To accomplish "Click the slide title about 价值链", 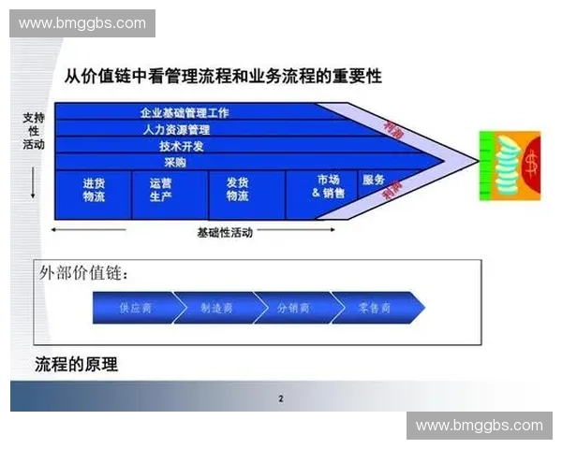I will [x=223, y=76].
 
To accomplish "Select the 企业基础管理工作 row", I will [x=185, y=112].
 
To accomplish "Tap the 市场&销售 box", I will [x=328, y=186].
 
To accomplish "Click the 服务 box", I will [x=374, y=181].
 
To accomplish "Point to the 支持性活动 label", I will [x=34, y=132].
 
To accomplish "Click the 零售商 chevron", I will [x=374, y=308].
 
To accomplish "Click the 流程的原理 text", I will [x=76, y=364].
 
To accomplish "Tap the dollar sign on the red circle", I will [x=531, y=166].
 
